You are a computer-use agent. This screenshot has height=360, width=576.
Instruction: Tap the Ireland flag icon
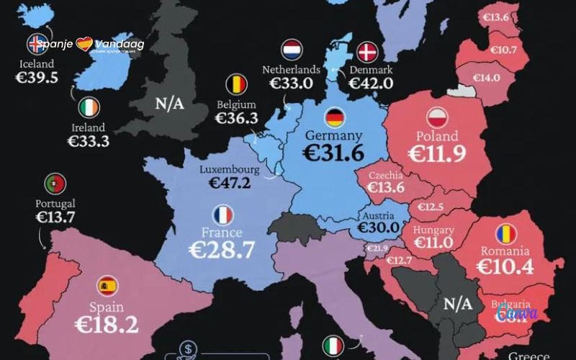click(90, 109)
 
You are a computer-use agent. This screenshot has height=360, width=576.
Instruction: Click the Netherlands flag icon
click(292, 50)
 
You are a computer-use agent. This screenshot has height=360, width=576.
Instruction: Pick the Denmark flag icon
click(368, 51)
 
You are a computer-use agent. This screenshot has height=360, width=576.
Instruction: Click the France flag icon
click(222, 215)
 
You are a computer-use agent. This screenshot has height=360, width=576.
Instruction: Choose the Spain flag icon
click(108, 286)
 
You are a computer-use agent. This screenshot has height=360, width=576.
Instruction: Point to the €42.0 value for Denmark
click(371, 83)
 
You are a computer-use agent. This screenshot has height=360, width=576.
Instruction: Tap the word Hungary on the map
click(433, 230)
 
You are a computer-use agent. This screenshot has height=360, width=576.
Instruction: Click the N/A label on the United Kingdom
click(169, 104)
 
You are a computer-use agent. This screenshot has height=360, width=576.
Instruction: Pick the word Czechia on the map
click(386, 175)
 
